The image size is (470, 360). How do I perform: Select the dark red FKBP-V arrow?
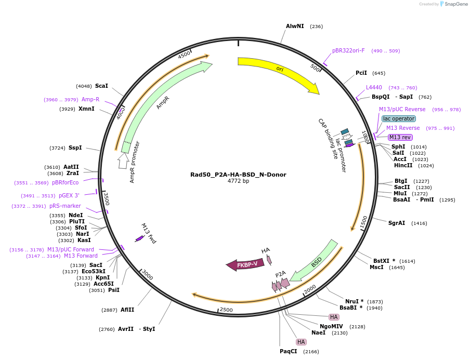(x=246, y=265)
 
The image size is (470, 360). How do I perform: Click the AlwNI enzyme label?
(x=295, y=26)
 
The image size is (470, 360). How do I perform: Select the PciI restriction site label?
(x=361, y=73)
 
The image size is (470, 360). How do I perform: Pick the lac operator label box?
(x=399, y=118)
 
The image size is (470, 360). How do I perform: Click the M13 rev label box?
(x=400, y=137)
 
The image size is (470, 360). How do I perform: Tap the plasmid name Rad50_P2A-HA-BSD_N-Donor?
(x=238, y=175)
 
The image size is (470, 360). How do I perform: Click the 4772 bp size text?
(x=238, y=181)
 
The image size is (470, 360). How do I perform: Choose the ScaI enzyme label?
(x=101, y=86)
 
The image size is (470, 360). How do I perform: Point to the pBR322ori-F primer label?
(x=348, y=50)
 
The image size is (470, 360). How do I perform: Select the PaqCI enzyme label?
(x=289, y=351)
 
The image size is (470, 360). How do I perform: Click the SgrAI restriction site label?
(x=397, y=223)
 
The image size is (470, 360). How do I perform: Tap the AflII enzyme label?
(x=127, y=310)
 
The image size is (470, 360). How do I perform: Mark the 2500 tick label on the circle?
(x=226, y=310)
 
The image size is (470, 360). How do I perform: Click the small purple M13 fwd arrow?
(x=139, y=239)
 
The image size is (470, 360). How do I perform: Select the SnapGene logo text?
(x=456, y=4)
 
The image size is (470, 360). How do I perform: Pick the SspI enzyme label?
(x=75, y=148)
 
